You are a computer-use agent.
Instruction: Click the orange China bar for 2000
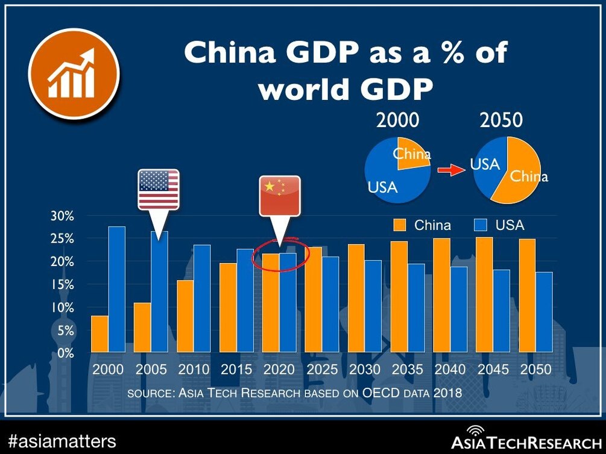(99, 334)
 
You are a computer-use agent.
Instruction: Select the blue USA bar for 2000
(116, 290)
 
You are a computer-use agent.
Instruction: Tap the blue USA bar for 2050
(544, 312)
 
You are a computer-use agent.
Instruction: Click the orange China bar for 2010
(185, 316)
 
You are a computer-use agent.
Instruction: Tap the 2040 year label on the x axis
(450, 369)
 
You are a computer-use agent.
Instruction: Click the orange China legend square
(400, 225)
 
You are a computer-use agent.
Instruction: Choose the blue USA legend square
(481, 225)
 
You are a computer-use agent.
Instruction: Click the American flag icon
(159, 189)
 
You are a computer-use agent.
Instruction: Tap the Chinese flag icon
(279, 196)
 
